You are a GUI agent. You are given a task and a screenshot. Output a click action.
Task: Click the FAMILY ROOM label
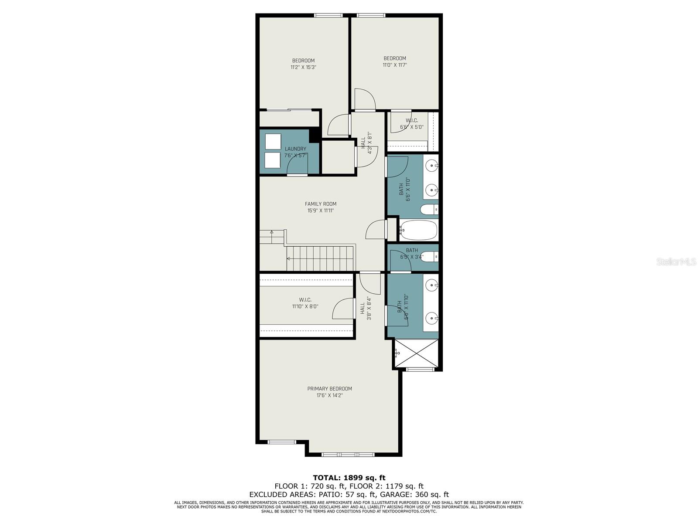tap(321, 204)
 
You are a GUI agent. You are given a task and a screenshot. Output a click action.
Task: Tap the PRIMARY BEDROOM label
tap(329, 389)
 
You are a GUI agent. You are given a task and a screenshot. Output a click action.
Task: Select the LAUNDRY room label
tap(295, 149)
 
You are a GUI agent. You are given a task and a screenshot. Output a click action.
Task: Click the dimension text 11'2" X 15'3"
tap(303, 68)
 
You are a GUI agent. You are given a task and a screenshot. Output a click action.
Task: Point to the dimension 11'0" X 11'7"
tap(395, 65)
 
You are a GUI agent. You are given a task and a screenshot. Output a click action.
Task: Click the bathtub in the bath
tap(418, 230)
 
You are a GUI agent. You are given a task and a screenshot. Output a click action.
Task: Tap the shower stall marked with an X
tap(416, 353)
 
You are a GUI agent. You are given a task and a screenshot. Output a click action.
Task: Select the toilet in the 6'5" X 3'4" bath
tap(431, 257)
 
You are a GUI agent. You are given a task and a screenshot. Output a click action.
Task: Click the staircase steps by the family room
tap(321, 258)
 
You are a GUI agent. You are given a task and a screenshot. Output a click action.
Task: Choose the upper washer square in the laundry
tap(273, 142)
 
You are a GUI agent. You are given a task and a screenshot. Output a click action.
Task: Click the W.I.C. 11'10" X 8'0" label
tap(305, 303)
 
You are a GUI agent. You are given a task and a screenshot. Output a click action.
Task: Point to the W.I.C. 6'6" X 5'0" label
tap(412, 124)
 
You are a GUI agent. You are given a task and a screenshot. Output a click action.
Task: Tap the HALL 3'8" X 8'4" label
tap(366, 309)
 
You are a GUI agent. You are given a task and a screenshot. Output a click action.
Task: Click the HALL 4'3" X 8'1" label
tap(366, 143)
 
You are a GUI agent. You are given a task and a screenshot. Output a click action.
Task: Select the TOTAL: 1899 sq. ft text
tap(349, 478)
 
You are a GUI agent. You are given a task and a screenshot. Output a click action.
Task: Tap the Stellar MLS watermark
tap(676, 262)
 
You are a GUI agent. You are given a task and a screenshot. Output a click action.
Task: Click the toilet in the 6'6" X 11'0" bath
tap(429, 210)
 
